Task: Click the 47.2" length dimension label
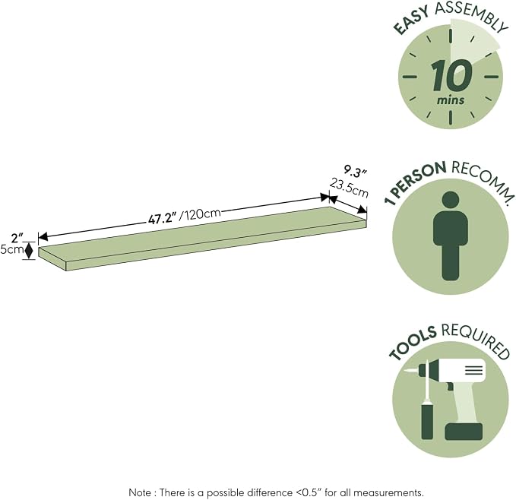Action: tap(162, 219)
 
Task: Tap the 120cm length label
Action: tap(201, 214)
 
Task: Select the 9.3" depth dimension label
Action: tap(355, 172)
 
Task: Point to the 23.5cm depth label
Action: tap(349, 188)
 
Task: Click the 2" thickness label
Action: tap(17, 238)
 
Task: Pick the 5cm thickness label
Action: tap(12, 250)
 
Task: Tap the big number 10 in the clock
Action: tap(451, 76)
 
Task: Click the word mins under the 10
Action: tap(451, 100)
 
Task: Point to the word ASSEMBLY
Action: tap(471, 14)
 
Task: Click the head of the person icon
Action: tap(451, 201)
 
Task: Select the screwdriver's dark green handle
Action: tap(427, 422)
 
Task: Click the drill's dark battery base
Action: tap(464, 432)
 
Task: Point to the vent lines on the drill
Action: tap(474, 370)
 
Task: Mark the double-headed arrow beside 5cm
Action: tap(30, 250)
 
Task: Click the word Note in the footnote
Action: tap(140, 492)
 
